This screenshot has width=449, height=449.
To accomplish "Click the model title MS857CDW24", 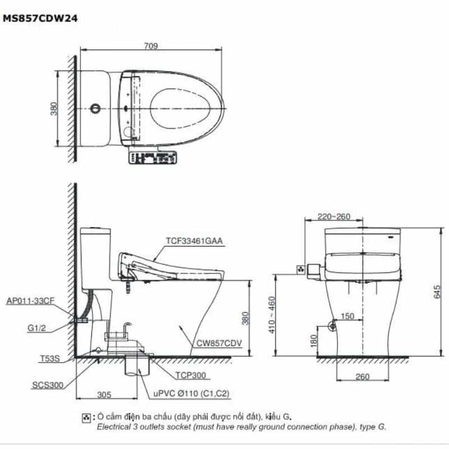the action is click(40, 19).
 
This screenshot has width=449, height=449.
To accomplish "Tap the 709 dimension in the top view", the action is click(150, 46).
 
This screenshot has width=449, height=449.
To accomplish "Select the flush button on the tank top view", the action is click(95, 108).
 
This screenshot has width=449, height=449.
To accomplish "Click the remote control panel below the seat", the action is click(152, 158).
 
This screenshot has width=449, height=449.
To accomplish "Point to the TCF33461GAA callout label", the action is click(194, 241).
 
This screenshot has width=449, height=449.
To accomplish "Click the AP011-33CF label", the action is click(30, 301).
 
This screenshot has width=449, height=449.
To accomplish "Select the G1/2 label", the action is click(36, 328).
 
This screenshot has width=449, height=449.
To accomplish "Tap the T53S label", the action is click(50, 358).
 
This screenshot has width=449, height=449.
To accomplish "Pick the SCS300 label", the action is click(48, 385).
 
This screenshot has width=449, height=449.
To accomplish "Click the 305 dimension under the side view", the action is click(104, 395).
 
